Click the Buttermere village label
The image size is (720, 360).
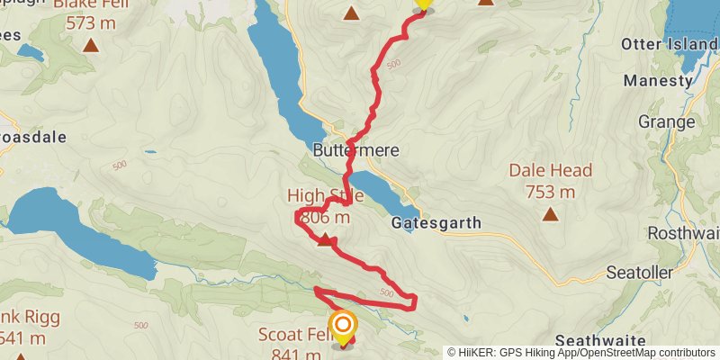point(356,150)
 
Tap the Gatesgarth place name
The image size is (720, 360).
point(436,222)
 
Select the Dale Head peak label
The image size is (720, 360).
point(550,170)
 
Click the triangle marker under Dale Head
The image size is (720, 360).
point(550,214)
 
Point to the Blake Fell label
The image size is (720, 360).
point(90,5)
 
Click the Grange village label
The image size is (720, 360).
point(666,121)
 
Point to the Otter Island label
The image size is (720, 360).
point(670,43)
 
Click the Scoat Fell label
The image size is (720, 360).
point(292,334)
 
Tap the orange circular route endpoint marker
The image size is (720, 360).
point(343,325)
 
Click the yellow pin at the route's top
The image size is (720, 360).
point(423,3)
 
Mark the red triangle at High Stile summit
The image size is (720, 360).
point(326,238)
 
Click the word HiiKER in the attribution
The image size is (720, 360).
point(483,353)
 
